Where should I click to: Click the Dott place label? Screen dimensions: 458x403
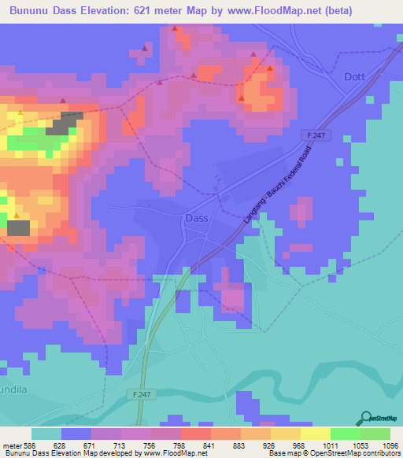click(356, 77)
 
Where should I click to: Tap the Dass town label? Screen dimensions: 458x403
click(196, 218)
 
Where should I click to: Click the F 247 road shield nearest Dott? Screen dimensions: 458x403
click(316, 136)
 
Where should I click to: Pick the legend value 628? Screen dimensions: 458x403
click(61, 445)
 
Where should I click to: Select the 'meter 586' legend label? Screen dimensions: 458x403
click(19, 445)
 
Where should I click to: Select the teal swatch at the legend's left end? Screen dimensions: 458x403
click(46, 434)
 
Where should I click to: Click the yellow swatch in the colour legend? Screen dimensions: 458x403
click(315, 434)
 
